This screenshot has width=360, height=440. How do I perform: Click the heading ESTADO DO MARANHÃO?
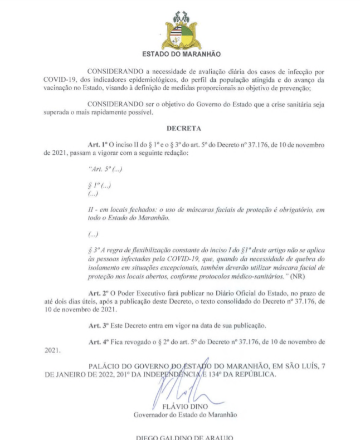coord(182,55)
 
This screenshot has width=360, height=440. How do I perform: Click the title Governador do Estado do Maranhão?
coord(185,415)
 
